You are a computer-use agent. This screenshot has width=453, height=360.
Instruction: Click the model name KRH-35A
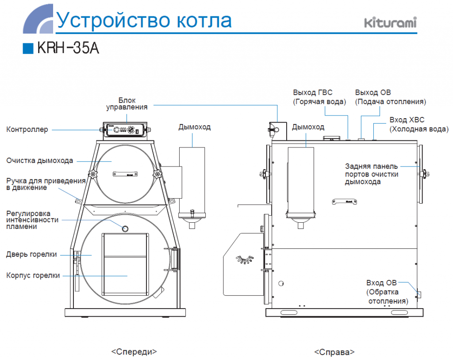pyautogui.click(x=69, y=48)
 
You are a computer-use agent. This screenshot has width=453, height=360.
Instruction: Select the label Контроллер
pyautogui.click(x=27, y=130)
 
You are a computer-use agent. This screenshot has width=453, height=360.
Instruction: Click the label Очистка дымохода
pyautogui.click(x=39, y=160)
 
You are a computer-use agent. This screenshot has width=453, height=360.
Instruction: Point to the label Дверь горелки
pyautogui.click(x=31, y=254)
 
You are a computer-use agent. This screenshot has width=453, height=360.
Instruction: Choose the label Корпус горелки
pyautogui.click(x=33, y=275)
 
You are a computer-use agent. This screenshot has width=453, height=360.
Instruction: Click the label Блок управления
pyautogui.click(x=127, y=103)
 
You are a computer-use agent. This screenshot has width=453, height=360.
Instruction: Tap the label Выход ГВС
pyautogui.click(x=312, y=93)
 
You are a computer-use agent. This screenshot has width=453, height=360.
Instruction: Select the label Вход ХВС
pyautogui.click(x=407, y=120)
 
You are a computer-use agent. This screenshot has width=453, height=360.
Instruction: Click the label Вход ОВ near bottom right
pyautogui.click(x=382, y=283)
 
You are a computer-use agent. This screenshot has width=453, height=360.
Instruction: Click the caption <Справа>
pyautogui.click(x=334, y=352)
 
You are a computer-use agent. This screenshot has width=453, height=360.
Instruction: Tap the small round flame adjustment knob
pyautogui.click(x=125, y=228)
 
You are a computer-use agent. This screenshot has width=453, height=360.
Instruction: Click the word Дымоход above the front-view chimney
pyautogui.click(x=195, y=127)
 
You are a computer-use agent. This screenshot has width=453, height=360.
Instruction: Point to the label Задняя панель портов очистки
pyautogui.click(x=372, y=174)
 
